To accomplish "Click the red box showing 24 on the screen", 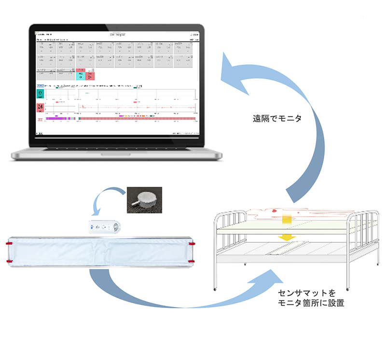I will click(x=41, y=107).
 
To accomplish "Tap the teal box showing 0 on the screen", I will click(x=41, y=93).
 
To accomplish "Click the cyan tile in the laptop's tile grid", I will click(x=81, y=75).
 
